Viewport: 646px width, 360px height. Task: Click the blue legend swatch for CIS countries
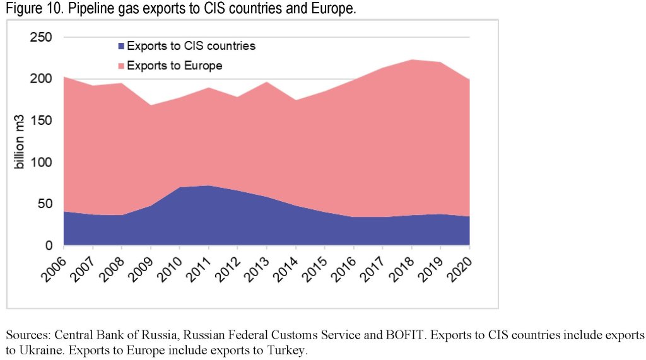tap(120, 46)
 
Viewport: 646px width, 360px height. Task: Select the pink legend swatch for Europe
tap(120, 66)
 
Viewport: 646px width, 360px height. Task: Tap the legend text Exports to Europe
tap(174, 66)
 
